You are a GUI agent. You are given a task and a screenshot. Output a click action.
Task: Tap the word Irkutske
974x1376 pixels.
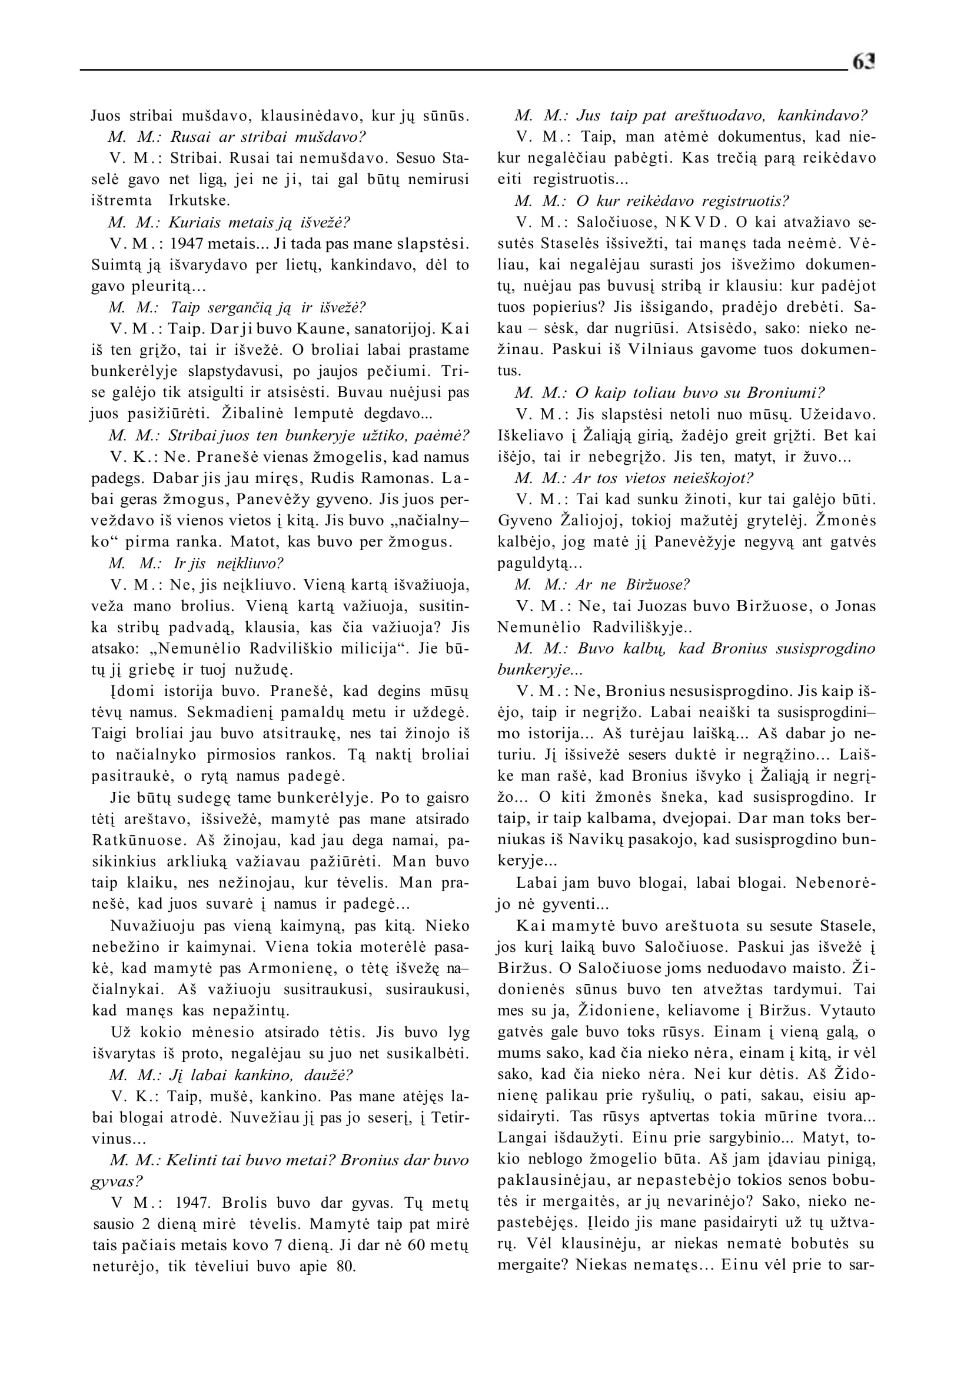[199, 201]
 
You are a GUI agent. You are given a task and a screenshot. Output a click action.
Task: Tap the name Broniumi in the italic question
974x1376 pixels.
[786, 393]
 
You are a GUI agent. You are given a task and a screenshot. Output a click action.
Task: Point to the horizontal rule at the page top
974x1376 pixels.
[462, 70]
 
